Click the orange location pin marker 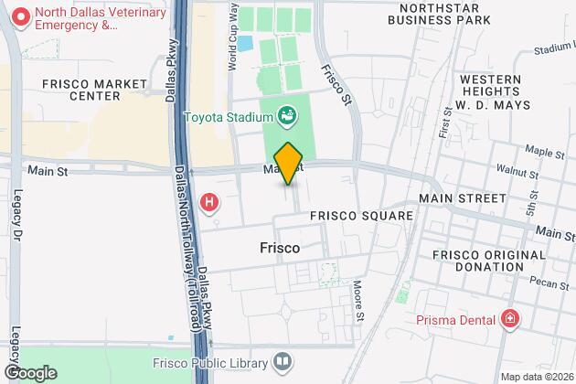[x=288, y=164]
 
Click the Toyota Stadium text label [x=229, y=116]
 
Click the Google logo [x=29, y=372]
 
